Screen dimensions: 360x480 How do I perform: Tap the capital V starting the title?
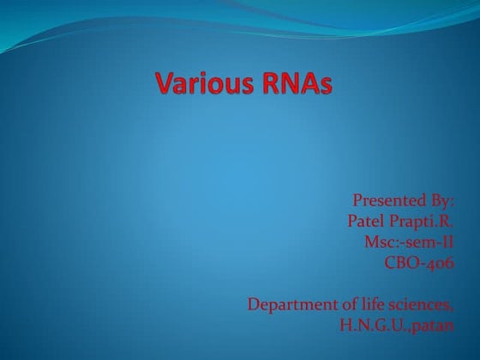pos(165,85)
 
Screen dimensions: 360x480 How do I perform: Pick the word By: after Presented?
pos(439,201)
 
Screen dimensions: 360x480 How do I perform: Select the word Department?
pos(287,304)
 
